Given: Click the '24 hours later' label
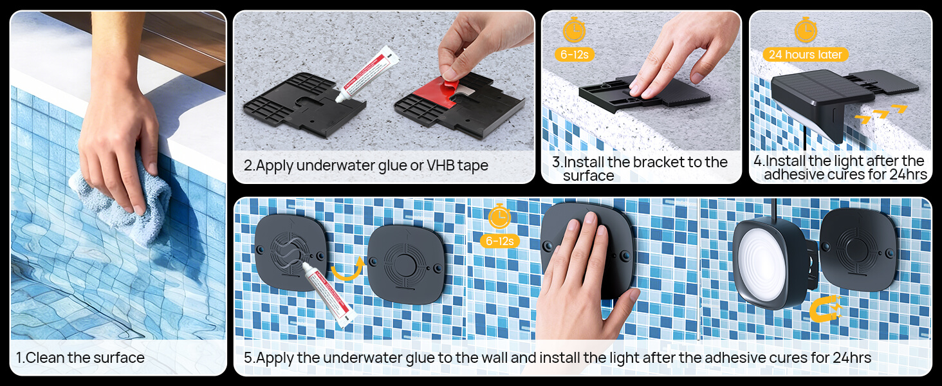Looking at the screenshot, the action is coord(806,55).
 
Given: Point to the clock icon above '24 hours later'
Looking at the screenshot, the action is coord(806,30).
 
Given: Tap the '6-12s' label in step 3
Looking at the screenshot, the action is coord(575,55).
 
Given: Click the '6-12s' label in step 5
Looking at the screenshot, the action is coord(499,241).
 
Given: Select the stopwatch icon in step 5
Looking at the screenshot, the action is coord(499,217).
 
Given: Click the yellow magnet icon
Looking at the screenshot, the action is coord(824,308).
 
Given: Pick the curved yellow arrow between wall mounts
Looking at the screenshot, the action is coord(347,269).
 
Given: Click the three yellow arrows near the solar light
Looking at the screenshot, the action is coord(881,113).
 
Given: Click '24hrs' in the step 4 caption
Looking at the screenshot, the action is coord(909,174).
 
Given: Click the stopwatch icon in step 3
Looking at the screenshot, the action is coord(575,30).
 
